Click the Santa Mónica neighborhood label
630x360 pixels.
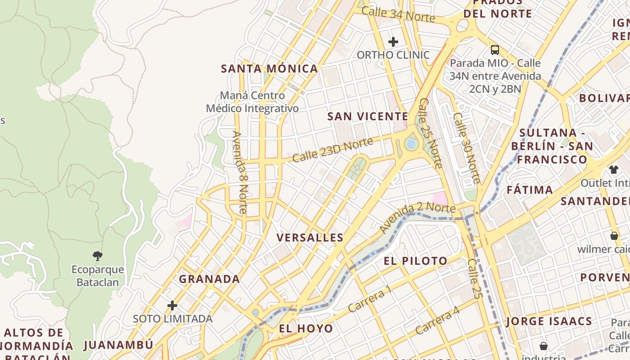coord(269,69)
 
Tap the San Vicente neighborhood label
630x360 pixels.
coord(368,117)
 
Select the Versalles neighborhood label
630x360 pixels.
coord(310,238)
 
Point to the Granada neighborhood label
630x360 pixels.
coord(209,279)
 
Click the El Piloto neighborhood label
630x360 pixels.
coord(415,261)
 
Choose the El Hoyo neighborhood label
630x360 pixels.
coord(306,328)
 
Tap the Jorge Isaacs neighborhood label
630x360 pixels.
coord(549,321)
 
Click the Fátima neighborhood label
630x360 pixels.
coord(530,190)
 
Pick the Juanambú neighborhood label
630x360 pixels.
coord(118,345)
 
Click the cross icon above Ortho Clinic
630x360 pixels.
coord(393,42)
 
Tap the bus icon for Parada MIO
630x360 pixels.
coord(495,49)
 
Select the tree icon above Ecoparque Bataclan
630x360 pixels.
coord(97,256)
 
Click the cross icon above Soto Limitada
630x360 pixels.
coord(172,306)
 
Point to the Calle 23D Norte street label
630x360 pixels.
coord(333,150)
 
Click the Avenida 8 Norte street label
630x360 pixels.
coord(239,172)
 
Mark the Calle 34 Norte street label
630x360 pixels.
coord(398,14)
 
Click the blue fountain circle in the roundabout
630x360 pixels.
coord(410,144)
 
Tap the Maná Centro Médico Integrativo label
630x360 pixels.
coord(252,102)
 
